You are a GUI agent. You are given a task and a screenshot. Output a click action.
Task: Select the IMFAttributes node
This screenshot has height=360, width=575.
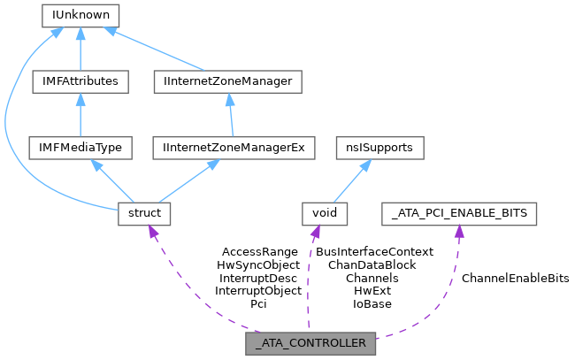point(80,81)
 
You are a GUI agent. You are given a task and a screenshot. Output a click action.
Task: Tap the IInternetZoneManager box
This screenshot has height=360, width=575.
point(227,81)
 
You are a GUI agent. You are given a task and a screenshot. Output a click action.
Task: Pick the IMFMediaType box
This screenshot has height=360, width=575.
point(80,148)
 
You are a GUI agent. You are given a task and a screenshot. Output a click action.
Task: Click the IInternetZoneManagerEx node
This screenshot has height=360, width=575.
point(234,148)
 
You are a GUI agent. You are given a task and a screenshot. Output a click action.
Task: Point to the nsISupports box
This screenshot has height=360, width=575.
point(379,148)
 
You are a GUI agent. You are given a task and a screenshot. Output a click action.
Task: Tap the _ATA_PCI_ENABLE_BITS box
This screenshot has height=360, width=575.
point(459,213)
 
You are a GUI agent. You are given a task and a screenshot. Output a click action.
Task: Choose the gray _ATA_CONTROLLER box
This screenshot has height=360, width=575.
point(310,344)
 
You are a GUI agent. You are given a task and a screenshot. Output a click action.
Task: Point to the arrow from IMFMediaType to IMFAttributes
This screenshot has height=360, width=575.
point(80,115)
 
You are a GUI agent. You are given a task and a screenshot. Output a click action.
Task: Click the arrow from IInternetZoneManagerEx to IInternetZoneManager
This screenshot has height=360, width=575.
point(230,115)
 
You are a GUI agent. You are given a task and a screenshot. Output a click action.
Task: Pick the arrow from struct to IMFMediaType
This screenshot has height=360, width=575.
point(111,180)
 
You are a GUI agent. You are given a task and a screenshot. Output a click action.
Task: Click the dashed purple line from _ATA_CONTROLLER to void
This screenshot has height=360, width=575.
point(309,283)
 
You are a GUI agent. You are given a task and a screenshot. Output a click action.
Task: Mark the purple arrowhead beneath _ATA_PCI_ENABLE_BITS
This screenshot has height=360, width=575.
point(458,232)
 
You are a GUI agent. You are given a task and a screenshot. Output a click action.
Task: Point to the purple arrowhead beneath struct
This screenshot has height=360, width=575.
point(153,233)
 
